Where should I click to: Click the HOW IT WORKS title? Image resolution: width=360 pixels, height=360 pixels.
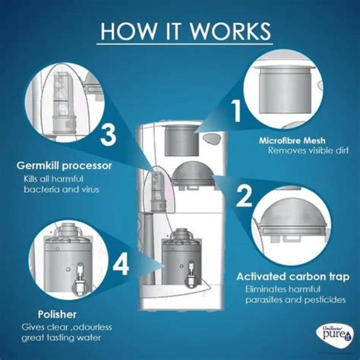tap(186, 31)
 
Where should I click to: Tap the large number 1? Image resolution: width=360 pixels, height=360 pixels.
tap(237, 111)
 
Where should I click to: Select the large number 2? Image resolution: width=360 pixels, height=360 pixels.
tap(245, 195)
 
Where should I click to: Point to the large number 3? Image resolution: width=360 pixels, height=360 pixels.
tap(108, 136)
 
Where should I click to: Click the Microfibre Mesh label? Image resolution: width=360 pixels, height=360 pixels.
tap(292, 141)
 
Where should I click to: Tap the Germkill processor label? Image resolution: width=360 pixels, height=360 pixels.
tap(64, 166)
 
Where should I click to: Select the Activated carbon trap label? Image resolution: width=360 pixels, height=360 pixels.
tap(293, 276)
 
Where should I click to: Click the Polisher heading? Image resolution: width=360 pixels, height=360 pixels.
tap(57, 314)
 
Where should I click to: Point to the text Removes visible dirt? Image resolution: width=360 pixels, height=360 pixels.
tap(308, 151)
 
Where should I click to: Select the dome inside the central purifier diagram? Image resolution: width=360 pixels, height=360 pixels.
tap(193, 175)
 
